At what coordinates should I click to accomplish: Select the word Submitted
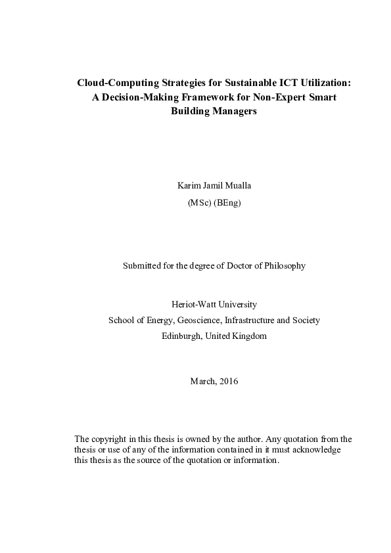click(143, 266)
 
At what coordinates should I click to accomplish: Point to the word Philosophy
click(284, 266)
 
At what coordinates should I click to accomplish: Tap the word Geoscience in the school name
click(197, 321)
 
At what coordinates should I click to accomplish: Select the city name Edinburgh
click(181, 336)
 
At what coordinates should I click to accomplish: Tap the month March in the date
click(200, 382)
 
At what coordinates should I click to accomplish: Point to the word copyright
click(110, 439)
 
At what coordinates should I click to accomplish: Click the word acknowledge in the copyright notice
click(317, 449)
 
